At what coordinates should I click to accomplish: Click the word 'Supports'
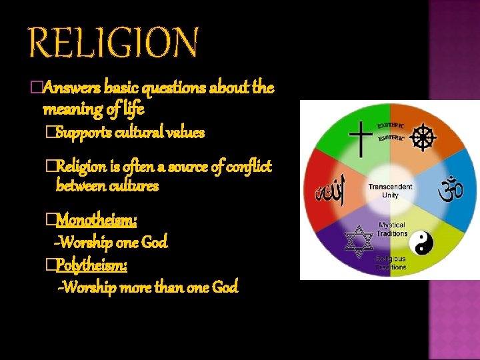[83, 132]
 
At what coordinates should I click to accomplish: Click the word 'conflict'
[248, 166]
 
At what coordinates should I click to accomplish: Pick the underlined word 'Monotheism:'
[97, 219]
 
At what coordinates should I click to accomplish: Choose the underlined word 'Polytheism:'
[92, 266]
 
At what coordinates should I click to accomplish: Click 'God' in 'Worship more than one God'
[224, 288]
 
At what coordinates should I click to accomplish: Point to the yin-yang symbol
[421, 243]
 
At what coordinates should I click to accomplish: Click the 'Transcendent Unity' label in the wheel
[390, 191]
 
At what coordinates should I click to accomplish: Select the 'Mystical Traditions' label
[392, 229]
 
